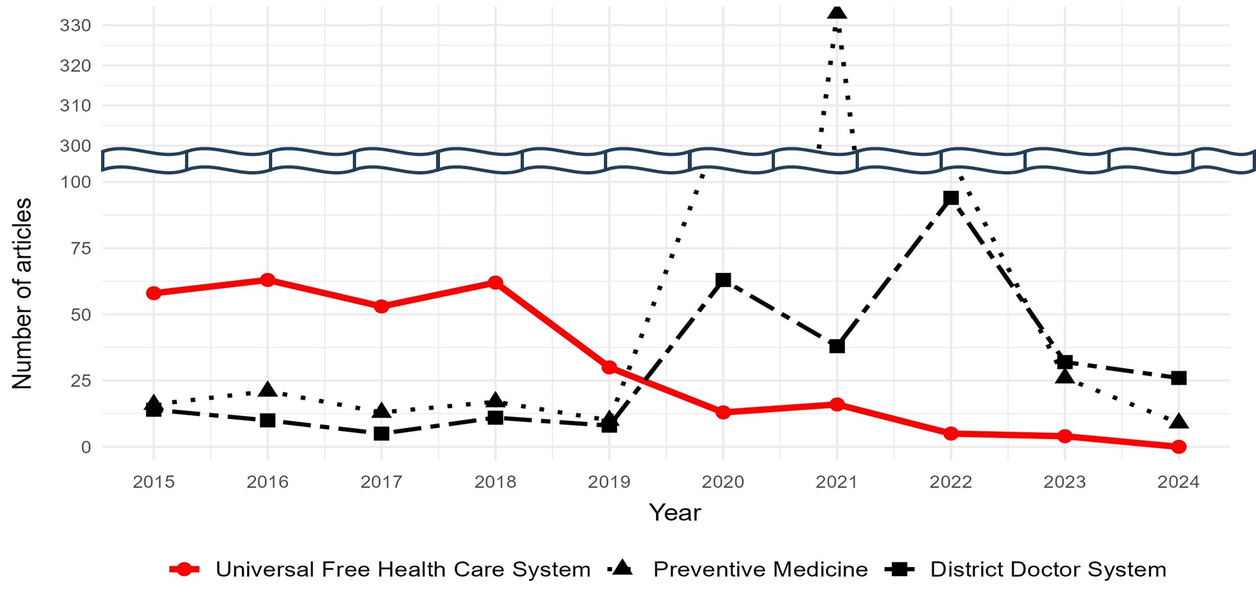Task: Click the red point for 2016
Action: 268,280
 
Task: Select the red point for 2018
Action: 496,283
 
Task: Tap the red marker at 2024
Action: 1179,447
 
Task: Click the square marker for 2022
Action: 951,198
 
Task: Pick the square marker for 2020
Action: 723,280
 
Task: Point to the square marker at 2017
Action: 381,433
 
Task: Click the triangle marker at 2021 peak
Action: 837,12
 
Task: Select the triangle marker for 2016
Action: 268,390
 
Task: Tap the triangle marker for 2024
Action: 1179,422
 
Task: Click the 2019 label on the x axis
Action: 609,482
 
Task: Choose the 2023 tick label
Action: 1064,482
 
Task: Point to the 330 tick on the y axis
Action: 75,25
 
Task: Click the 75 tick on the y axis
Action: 80,248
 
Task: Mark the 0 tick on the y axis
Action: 86,447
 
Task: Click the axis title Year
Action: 675,513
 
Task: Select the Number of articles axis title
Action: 22,293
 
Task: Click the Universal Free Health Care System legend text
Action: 403,570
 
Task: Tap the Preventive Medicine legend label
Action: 760,570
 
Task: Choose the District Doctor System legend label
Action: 1049,570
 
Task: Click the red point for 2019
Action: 609,367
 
